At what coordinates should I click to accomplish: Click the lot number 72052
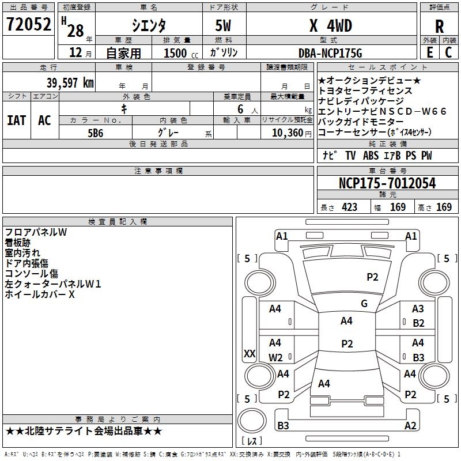coord(28,24)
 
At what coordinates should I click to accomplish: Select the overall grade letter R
coord(439,27)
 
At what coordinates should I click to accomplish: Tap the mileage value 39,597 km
coord(70,83)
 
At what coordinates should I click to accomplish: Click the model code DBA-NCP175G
coord(330,53)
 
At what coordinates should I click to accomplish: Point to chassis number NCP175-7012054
coord(387,183)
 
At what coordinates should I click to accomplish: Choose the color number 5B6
coord(96,133)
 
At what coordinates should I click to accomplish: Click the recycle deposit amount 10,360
coord(288,133)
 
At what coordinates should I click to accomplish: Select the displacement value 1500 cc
coord(181,53)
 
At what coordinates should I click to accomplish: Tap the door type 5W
coord(223,25)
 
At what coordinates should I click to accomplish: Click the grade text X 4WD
coord(331,25)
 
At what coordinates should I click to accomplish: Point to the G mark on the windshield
coord(364,304)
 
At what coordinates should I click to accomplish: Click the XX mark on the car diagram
coord(250,353)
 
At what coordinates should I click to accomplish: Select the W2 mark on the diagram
coord(275,357)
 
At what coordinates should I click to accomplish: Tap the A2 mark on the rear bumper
coord(410,425)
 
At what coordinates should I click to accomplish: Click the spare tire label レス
coord(252,440)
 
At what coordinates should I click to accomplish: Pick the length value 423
coord(349,207)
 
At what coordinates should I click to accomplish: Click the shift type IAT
coord(16,120)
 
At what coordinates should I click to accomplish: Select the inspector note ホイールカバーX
coord(40,294)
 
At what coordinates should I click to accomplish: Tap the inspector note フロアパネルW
coord(36,232)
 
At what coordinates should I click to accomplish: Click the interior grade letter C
coord(448,52)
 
